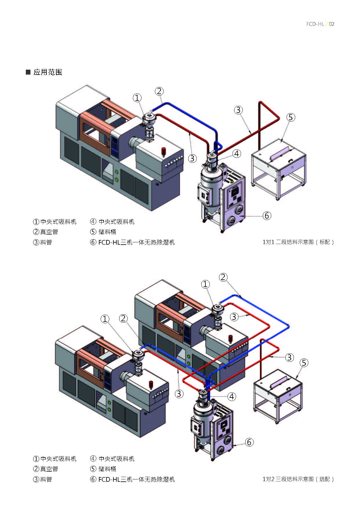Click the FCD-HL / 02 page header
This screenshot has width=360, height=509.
pos(320,24)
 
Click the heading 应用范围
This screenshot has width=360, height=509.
pos(48,72)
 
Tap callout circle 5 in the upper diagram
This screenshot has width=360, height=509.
pos(291,117)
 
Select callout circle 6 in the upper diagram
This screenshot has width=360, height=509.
pos(267,216)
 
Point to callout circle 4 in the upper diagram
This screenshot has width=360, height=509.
pos(237,154)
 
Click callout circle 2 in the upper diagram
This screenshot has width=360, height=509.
pos(159,91)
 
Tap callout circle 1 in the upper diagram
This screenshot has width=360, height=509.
pos(137,98)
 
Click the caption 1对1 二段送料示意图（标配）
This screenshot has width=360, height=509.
pos(298,242)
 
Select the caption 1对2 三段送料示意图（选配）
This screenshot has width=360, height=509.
pos(298,479)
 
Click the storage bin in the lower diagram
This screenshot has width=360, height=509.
pos(278,395)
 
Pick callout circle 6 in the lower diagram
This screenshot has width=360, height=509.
pos(249,442)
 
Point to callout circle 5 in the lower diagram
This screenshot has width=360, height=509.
pos(304,363)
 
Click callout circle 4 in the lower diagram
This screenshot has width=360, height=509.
pos(231,396)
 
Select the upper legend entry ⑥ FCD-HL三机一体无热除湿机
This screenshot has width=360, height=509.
pos(133,242)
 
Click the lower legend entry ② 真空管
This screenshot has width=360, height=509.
pos(46,469)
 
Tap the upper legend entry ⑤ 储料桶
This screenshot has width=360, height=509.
pos(103,232)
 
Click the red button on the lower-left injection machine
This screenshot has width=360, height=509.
pos(151,384)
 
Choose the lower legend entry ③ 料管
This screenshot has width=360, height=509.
pos(42,479)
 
